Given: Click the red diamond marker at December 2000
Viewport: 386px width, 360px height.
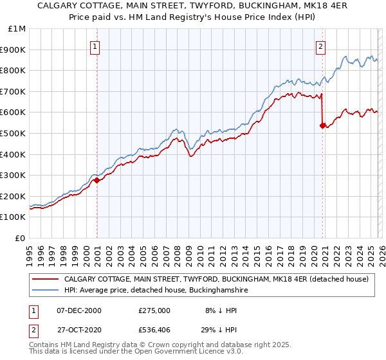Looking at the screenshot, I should coord(97,181).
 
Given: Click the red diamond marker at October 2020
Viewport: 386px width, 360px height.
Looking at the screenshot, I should coord(322,126).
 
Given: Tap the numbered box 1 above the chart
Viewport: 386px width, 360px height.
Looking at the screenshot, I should coord(95,46).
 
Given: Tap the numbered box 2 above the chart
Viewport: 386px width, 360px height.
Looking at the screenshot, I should coord(320,46).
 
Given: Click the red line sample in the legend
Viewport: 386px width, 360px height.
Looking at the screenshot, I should coord(46,280).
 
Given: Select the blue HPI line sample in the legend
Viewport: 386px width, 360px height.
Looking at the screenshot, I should coord(46,291).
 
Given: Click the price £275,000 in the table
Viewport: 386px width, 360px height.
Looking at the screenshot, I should coord(154,310).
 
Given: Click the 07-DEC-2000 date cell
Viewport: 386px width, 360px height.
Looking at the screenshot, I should coord(79,310).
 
